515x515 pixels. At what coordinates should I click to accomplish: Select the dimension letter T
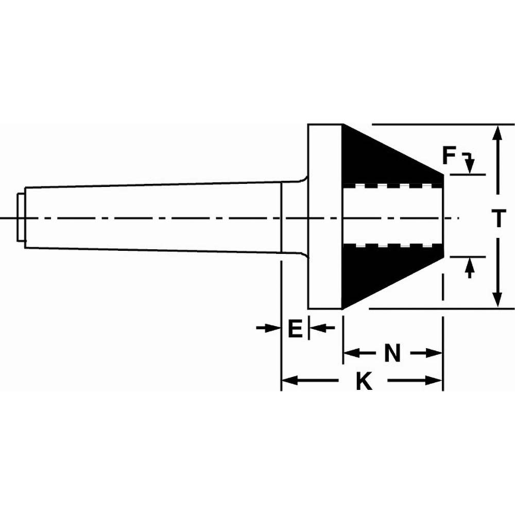point(497,218)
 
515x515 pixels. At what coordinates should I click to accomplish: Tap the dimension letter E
point(294,328)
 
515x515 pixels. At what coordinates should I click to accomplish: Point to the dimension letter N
point(393,353)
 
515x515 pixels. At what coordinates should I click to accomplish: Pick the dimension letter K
point(365,382)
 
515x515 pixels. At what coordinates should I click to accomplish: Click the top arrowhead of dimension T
point(497,132)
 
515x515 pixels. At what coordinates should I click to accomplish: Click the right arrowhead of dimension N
point(436,353)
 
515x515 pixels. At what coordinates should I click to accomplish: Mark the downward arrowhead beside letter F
point(469,168)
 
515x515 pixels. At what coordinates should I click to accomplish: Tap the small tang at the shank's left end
point(20,216)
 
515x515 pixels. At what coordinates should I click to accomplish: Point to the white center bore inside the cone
point(391,216)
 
